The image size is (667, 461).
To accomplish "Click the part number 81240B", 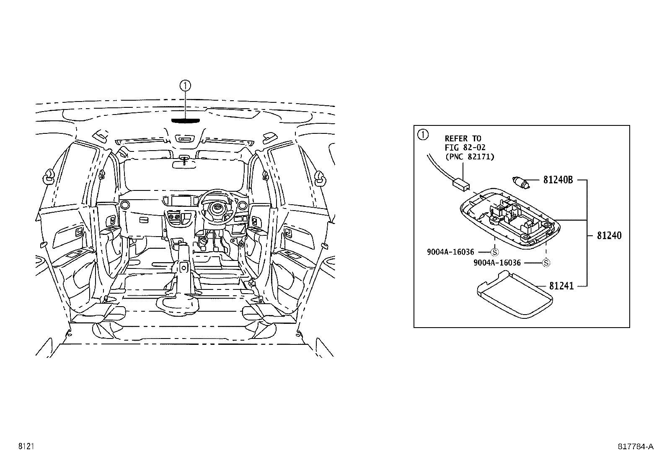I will point(558,180).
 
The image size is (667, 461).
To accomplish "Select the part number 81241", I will point(561,286).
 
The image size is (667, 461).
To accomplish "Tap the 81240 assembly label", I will point(609,236).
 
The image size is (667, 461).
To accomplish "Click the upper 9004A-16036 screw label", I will point(450,252).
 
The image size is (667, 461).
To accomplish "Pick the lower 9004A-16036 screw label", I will point(497,263).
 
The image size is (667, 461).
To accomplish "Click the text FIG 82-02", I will point(465,148).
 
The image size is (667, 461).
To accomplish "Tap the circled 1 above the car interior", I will point(185,86).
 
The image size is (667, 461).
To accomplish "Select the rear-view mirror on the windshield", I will point(185,164).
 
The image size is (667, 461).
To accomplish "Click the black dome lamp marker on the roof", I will point(185,120).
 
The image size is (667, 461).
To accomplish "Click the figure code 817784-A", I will point(635,447).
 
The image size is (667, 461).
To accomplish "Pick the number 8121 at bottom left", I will point(26,447).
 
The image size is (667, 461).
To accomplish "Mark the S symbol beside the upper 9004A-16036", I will point(494,252).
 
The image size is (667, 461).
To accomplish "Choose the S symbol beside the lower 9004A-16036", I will point(546,263).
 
